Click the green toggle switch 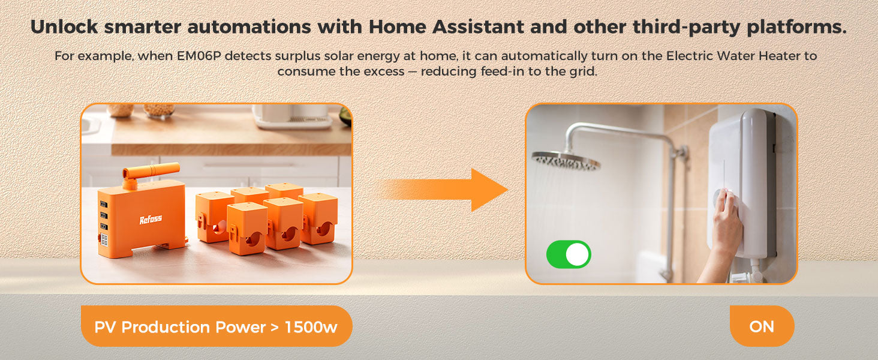point(569,254)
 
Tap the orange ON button point(762,326)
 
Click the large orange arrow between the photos point(441,190)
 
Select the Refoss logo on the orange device point(151,219)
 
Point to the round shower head point(566,161)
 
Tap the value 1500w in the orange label point(311,326)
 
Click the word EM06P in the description point(199,56)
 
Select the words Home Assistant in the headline point(446,26)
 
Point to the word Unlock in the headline point(64,26)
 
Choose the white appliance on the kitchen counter point(293,116)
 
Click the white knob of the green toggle point(578,254)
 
